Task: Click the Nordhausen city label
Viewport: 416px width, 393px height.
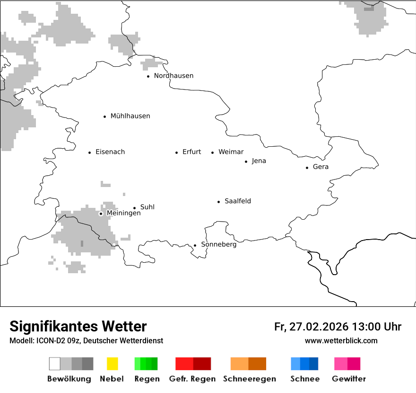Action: click(173, 76)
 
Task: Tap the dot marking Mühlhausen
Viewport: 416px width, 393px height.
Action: click(105, 116)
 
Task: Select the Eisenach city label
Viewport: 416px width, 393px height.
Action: click(110, 152)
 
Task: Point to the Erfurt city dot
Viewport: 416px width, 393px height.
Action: click(177, 152)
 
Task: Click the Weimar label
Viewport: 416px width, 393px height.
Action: click(231, 152)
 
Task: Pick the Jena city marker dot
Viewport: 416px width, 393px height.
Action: click(246, 161)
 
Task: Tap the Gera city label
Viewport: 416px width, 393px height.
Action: click(321, 167)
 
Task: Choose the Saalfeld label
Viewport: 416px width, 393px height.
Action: click(238, 201)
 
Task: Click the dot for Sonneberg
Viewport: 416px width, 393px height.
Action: click(195, 245)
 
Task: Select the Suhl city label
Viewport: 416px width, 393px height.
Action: click(147, 207)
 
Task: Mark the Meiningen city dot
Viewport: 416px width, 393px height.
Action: click(101, 214)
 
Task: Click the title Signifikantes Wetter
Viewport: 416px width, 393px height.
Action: click(78, 327)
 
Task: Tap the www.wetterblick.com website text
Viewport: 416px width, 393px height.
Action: click(341, 341)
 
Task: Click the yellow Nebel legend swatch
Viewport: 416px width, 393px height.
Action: click(112, 364)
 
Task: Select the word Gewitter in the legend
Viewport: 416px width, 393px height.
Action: click(349, 379)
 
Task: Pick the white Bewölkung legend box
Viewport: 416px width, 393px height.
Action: click(55, 364)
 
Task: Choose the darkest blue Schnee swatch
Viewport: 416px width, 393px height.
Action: click(313, 364)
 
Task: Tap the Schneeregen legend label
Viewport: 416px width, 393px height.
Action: click(250, 379)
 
